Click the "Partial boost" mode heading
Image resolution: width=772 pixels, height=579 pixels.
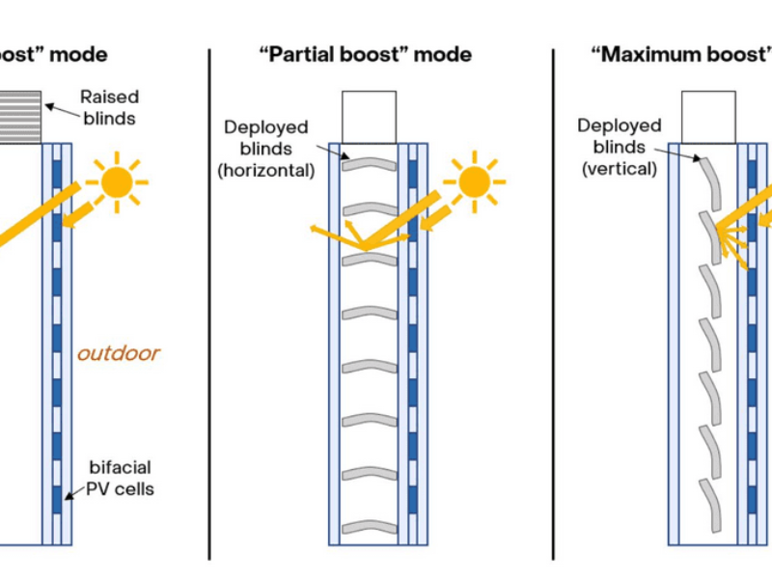click(x=366, y=54)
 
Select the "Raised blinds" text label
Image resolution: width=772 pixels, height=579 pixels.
click(x=108, y=106)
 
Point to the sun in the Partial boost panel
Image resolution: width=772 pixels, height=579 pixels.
click(x=474, y=181)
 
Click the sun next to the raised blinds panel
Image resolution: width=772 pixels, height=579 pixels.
click(x=117, y=181)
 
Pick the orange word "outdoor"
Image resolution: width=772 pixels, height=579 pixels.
click(x=119, y=353)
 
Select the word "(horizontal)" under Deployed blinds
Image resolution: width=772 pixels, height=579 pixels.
click(x=266, y=170)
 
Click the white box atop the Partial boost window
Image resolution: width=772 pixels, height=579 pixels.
click(x=369, y=117)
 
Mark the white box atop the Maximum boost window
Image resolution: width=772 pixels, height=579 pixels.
click(x=708, y=117)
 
